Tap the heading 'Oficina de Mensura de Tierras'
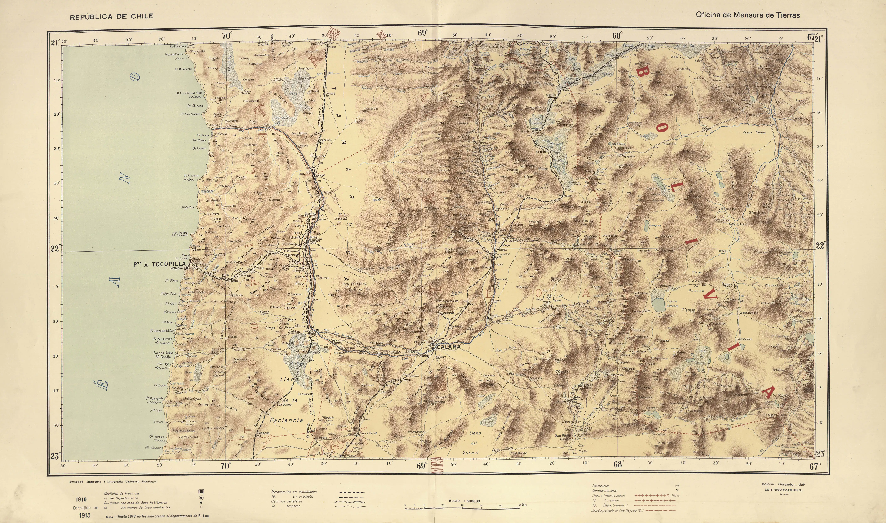coord(748,15)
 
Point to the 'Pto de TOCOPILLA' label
coord(159,264)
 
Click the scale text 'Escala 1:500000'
coord(465,501)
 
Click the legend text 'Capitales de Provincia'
coord(121,493)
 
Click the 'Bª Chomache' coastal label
coord(183,69)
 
